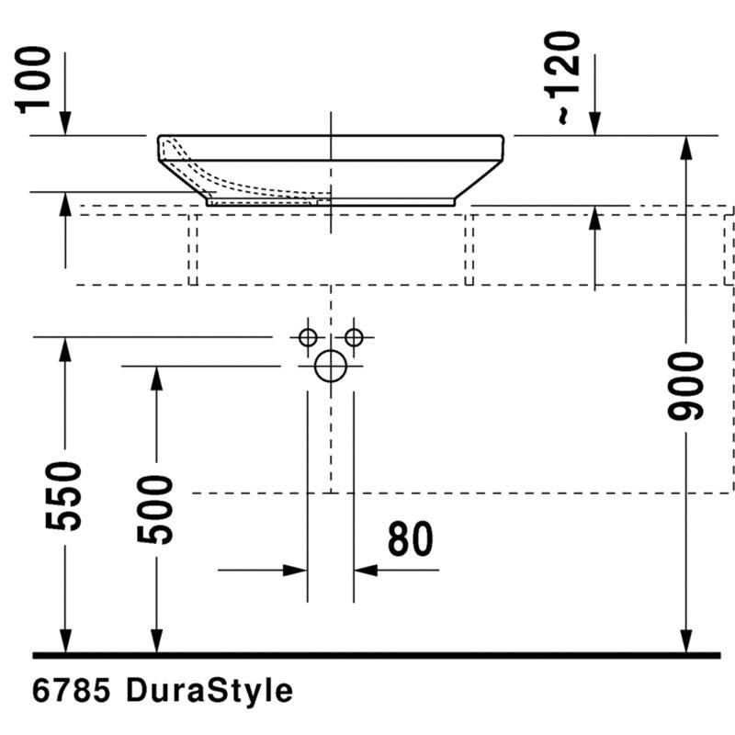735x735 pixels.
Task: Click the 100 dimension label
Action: [32, 80]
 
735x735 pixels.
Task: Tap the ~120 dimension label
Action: [562, 78]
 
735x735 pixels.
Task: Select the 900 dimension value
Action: [685, 386]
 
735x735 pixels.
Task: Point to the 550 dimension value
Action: [63, 496]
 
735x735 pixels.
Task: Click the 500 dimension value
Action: [155, 510]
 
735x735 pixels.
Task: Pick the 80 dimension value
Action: [411, 539]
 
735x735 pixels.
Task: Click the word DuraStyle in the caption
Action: [209, 692]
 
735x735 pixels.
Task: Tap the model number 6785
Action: [72, 691]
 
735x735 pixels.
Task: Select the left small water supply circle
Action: [308, 337]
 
